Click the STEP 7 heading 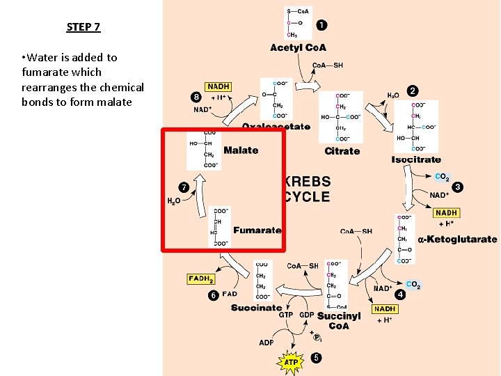tap(83, 27)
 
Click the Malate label tap(241, 150)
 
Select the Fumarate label tap(257, 230)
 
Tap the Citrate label tap(342, 151)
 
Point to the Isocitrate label tap(416, 159)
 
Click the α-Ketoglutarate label tap(457, 240)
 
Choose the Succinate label tap(256, 308)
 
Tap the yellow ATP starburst tap(291, 362)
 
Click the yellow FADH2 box tap(200, 279)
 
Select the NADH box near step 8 tap(218, 86)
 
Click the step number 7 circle tap(184, 187)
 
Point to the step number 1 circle tap(321, 26)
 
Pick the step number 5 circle tap(317, 358)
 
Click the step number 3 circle tap(457, 187)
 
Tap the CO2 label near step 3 tap(442, 178)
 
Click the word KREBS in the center tap(307, 182)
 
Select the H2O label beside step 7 tap(174, 201)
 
